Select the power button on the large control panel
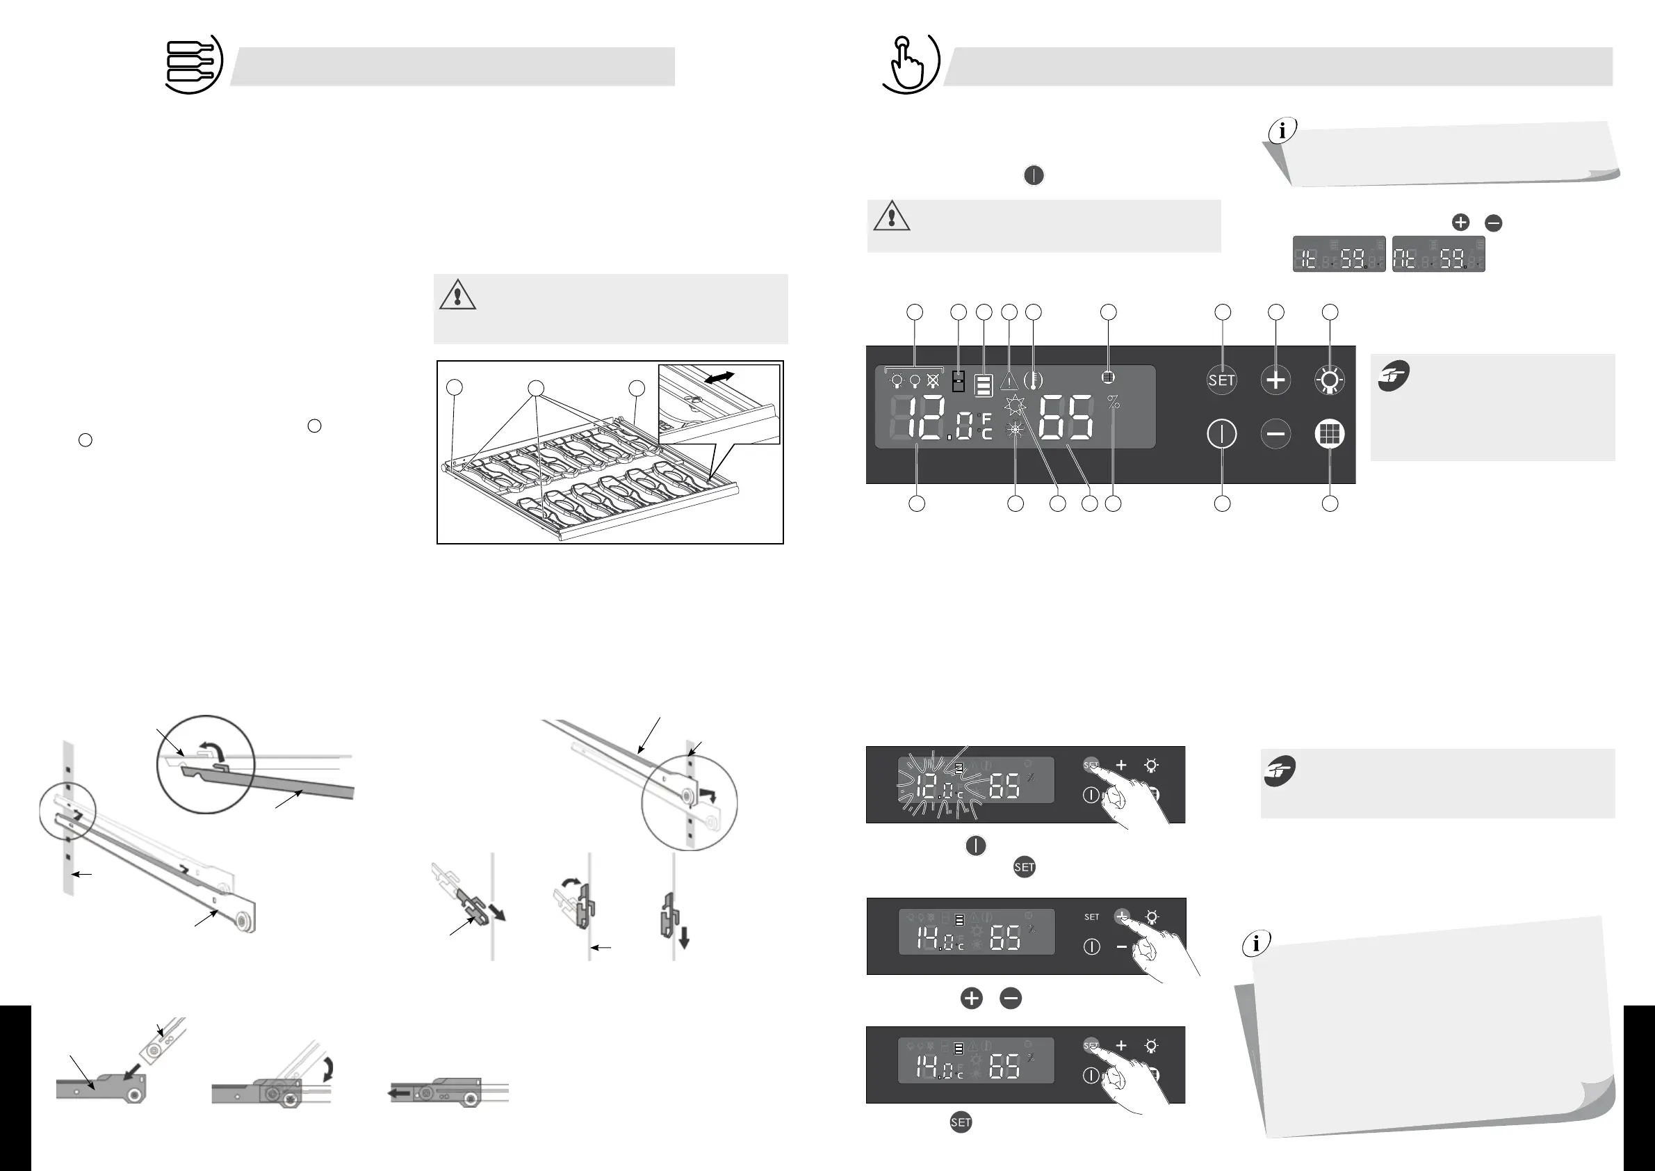(x=1222, y=434)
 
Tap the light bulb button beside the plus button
(x=1329, y=380)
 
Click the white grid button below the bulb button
(x=1329, y=434)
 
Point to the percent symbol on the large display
(x=1114, y=403)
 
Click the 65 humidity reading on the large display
(x=1066, y=418)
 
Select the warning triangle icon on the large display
(x=1009, y=382)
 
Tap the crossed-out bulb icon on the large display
(x=933, y=380)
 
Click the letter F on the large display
(x=987, y=419)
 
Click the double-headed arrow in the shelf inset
(x=719, y=377)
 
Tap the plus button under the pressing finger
(x=1122, y=916)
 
